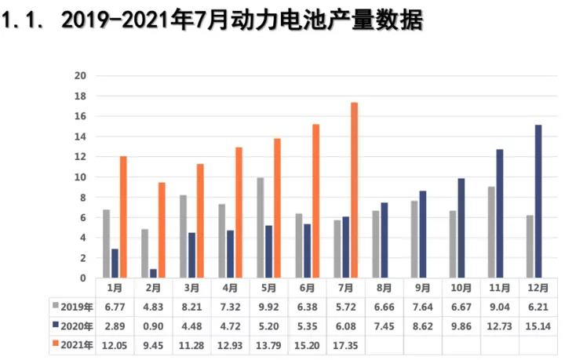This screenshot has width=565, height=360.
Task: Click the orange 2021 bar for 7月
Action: click(355, 191)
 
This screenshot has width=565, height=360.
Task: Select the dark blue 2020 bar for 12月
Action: click(538, 201)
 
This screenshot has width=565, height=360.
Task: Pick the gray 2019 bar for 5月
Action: click(261, 227)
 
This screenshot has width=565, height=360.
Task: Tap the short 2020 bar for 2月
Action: click(153, 274)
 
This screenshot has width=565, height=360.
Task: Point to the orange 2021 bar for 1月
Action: click(123, 217)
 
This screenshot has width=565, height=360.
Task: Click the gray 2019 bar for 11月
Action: click(491, 232)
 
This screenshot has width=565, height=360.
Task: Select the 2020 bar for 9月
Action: click(422, 235)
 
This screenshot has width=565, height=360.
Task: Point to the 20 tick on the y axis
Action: click(79, 76)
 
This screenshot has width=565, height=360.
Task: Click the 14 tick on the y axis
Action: click(79, 136)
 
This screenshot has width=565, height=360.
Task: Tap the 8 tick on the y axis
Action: click(82, 197)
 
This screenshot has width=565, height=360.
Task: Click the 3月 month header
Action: click(191, 288)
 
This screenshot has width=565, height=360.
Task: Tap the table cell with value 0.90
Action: click(152, 326)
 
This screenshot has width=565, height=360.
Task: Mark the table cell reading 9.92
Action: click(268, 307)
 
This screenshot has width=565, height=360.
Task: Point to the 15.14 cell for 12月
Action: click(538, 326)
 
